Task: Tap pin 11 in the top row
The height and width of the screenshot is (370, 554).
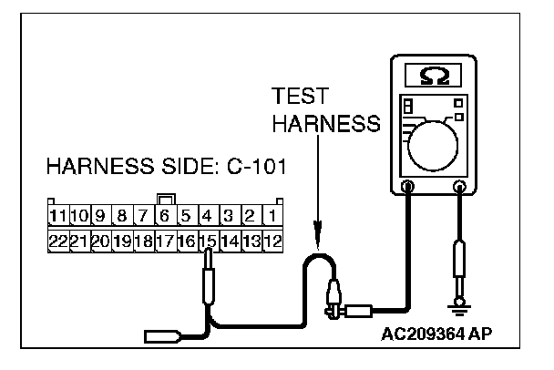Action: pyautogui.click(x=58, y=217)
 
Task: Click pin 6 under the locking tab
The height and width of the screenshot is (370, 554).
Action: pyautogui.click(x=165, y=217)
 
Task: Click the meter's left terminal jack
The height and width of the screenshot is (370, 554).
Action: pyautogui.click(x=407, y=188)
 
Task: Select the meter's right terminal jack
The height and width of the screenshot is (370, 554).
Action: pyautogui.click(x=459, y=188)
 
